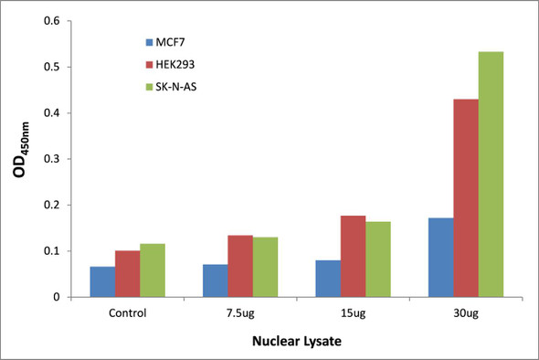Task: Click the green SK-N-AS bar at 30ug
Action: [491, 175]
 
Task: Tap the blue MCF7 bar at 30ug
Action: [441, 257]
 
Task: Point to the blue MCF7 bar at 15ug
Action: [328, 278]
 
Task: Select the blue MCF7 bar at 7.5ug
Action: [216, 281]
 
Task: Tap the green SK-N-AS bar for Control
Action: [153, 270]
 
